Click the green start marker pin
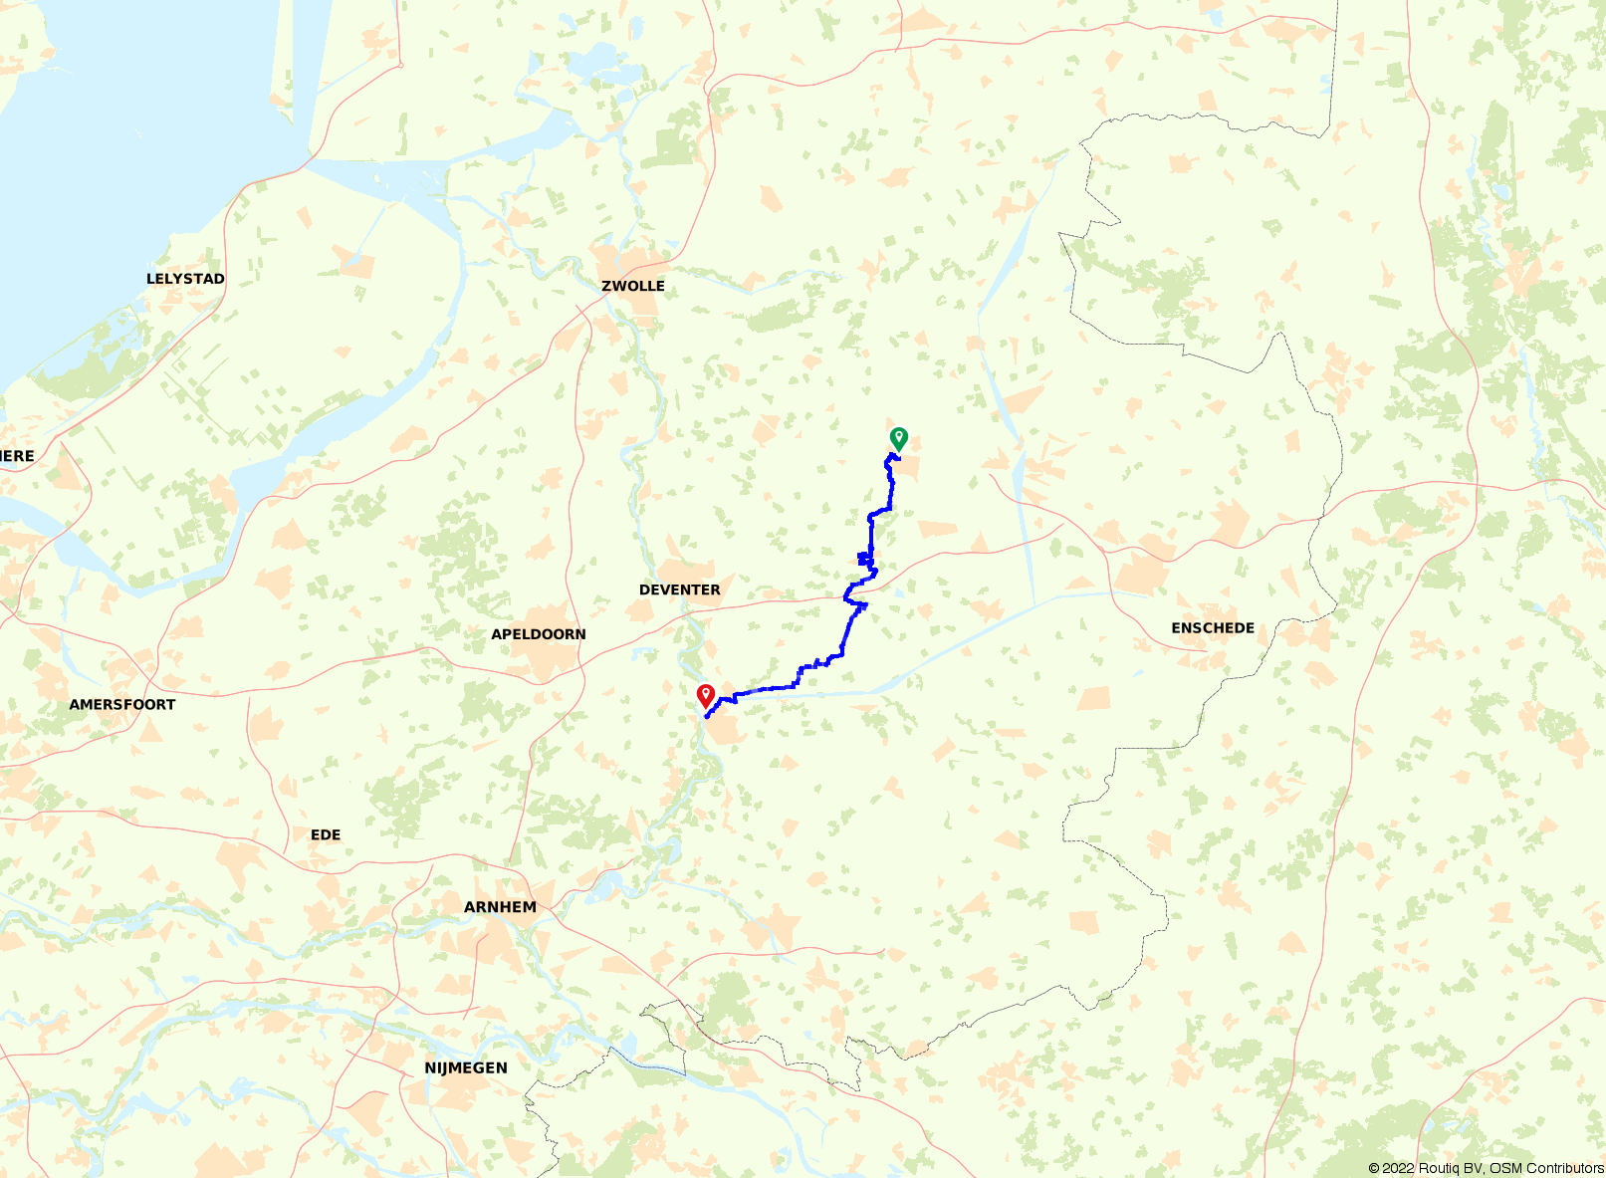898,437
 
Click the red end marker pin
706,694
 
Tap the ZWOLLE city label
633,286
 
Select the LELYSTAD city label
185,279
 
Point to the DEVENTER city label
680,589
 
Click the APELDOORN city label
539,634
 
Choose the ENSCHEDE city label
1213,627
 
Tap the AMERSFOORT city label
122,704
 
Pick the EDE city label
326,834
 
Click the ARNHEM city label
500,907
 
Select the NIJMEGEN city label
466,1067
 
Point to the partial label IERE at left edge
17,456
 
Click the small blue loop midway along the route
863,559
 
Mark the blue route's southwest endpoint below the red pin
706,716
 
